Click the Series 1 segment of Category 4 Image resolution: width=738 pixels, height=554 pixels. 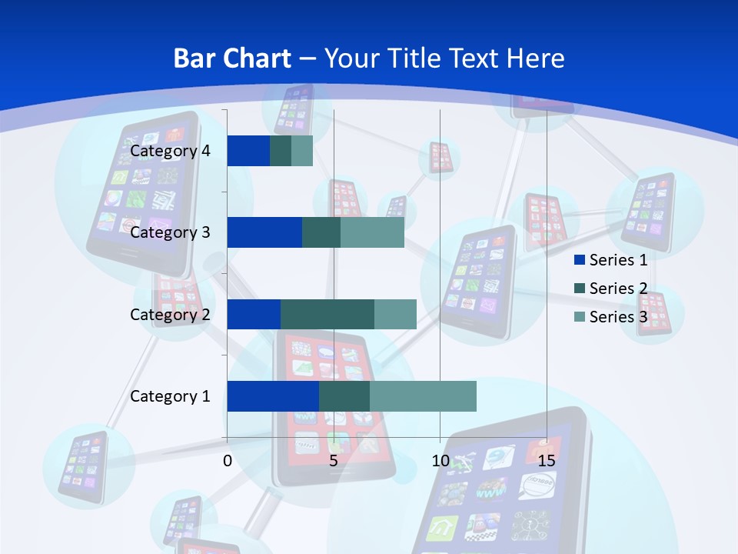tap(248, 151)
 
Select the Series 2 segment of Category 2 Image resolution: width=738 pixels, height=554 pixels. tap(327, 314)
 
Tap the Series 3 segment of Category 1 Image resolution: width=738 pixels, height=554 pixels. tap(423, 396)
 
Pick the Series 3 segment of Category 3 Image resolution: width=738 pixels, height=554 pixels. tap(372, 232)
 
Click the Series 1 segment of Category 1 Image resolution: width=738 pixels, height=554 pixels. tap(273, 396)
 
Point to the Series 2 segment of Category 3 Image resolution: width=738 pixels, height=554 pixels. tap(321, 232)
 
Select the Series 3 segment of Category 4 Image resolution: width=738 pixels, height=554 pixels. tap(302, 151)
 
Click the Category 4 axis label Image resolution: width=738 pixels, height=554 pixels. tap(170, 151)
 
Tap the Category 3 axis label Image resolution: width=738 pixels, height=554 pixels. tap(170, 232)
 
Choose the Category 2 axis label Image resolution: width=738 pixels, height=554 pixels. tap(170, 314)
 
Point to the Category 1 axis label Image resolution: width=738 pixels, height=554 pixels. tap(170, 396)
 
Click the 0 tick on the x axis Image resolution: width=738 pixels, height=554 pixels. tap(228, 461)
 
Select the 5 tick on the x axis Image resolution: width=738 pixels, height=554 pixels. tap(334, 461)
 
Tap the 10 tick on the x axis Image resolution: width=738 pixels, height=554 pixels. tap(440, 461)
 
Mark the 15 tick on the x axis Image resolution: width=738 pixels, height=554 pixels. tap(546, 461)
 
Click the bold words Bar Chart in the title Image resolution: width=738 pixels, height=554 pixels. tap(232, 58)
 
